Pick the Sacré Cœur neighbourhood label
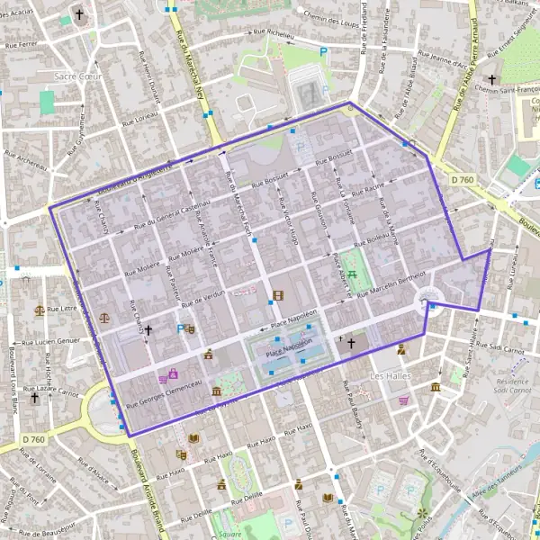tap(78, 76)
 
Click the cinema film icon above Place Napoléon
tap(277, 295)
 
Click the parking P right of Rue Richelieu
tap(325, 52)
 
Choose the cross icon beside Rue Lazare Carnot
tap(34, 397)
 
